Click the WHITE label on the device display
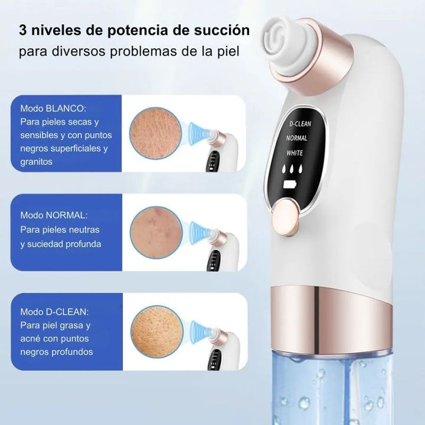click(295, 152)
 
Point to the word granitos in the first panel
click(36, 161)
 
